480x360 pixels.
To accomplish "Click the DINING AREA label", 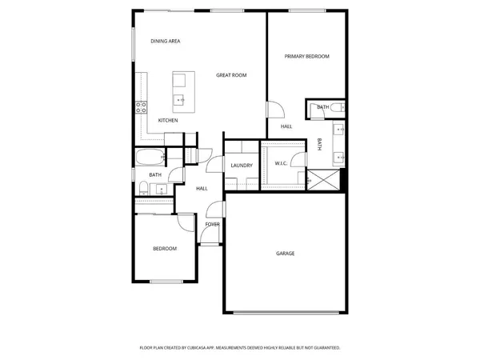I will tap(164, 41).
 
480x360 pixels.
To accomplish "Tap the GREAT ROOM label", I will tap(231, 75).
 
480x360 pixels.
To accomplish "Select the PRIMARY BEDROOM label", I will tap(307, 57).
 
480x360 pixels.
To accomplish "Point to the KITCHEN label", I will tap(168, 120).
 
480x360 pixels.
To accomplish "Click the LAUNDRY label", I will tap(242, 166).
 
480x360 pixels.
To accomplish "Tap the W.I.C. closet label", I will tap(281, 164).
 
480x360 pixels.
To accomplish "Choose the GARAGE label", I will tap(286, 254).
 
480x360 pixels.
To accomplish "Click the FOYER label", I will tap(212, 224).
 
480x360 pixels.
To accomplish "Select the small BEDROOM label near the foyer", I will tap(165, 249).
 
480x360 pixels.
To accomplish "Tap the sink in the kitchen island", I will tap(181, 100).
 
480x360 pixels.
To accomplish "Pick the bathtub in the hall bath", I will tap(150, 156).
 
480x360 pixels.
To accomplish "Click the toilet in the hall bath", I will tap(142, 188).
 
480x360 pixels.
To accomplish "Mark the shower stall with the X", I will tap(324, 179).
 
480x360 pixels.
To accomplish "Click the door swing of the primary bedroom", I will tap(274, 111).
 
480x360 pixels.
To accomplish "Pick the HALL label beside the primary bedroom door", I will tap(286, 126).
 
